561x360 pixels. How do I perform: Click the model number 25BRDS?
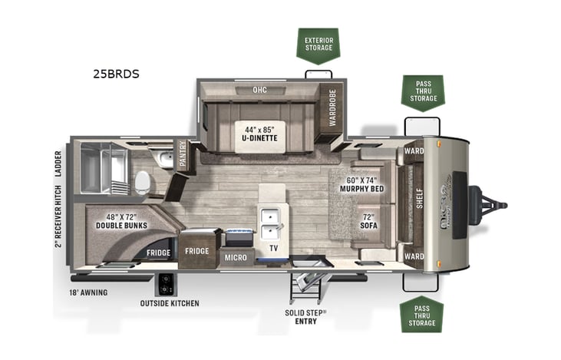(117, 74)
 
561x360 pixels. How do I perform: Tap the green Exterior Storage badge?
(318, 43)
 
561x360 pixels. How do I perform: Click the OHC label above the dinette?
(259, 90)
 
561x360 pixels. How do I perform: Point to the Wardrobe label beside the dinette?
(332, 107)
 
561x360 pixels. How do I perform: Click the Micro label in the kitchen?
(236, 258)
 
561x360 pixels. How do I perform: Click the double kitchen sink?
(271, 223)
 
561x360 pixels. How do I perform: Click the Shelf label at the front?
(419, 203)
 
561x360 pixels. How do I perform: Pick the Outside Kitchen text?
(170, 303)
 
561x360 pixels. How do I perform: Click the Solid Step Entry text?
(305, 317)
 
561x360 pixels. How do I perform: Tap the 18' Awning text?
(88, 292)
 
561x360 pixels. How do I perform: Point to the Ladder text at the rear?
(58, 163)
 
